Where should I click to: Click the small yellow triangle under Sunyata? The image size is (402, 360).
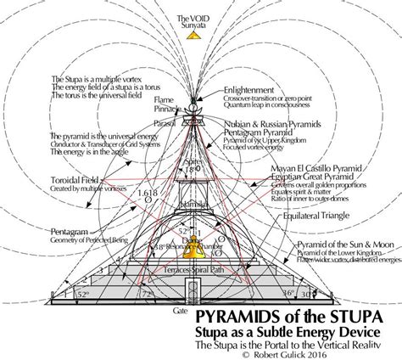tap(200, 31)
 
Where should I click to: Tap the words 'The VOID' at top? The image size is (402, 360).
tap(200, 17)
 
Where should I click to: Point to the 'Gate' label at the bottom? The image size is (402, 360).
tap(178, 312)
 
